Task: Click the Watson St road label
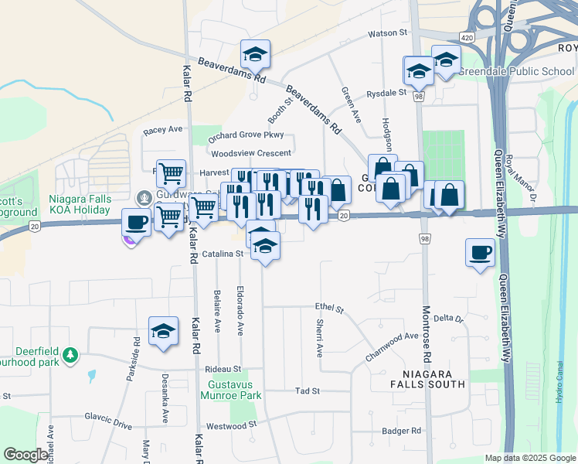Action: [387, 33]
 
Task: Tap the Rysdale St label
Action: [386, 93]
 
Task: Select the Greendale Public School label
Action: [515, 71]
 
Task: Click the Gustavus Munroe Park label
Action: [234, 389]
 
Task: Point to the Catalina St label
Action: [223, 254]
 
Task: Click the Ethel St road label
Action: [328, 309]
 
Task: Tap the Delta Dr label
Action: [447, 319]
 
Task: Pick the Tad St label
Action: [307, 391]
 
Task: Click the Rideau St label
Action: [223, 369]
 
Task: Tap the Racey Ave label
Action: [162, 130]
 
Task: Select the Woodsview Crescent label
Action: [251, 153]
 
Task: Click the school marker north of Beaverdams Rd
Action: [255, 54]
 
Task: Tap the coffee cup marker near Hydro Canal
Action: [480, 252]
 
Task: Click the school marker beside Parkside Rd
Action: [163, 331]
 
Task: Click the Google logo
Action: [25, 454]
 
